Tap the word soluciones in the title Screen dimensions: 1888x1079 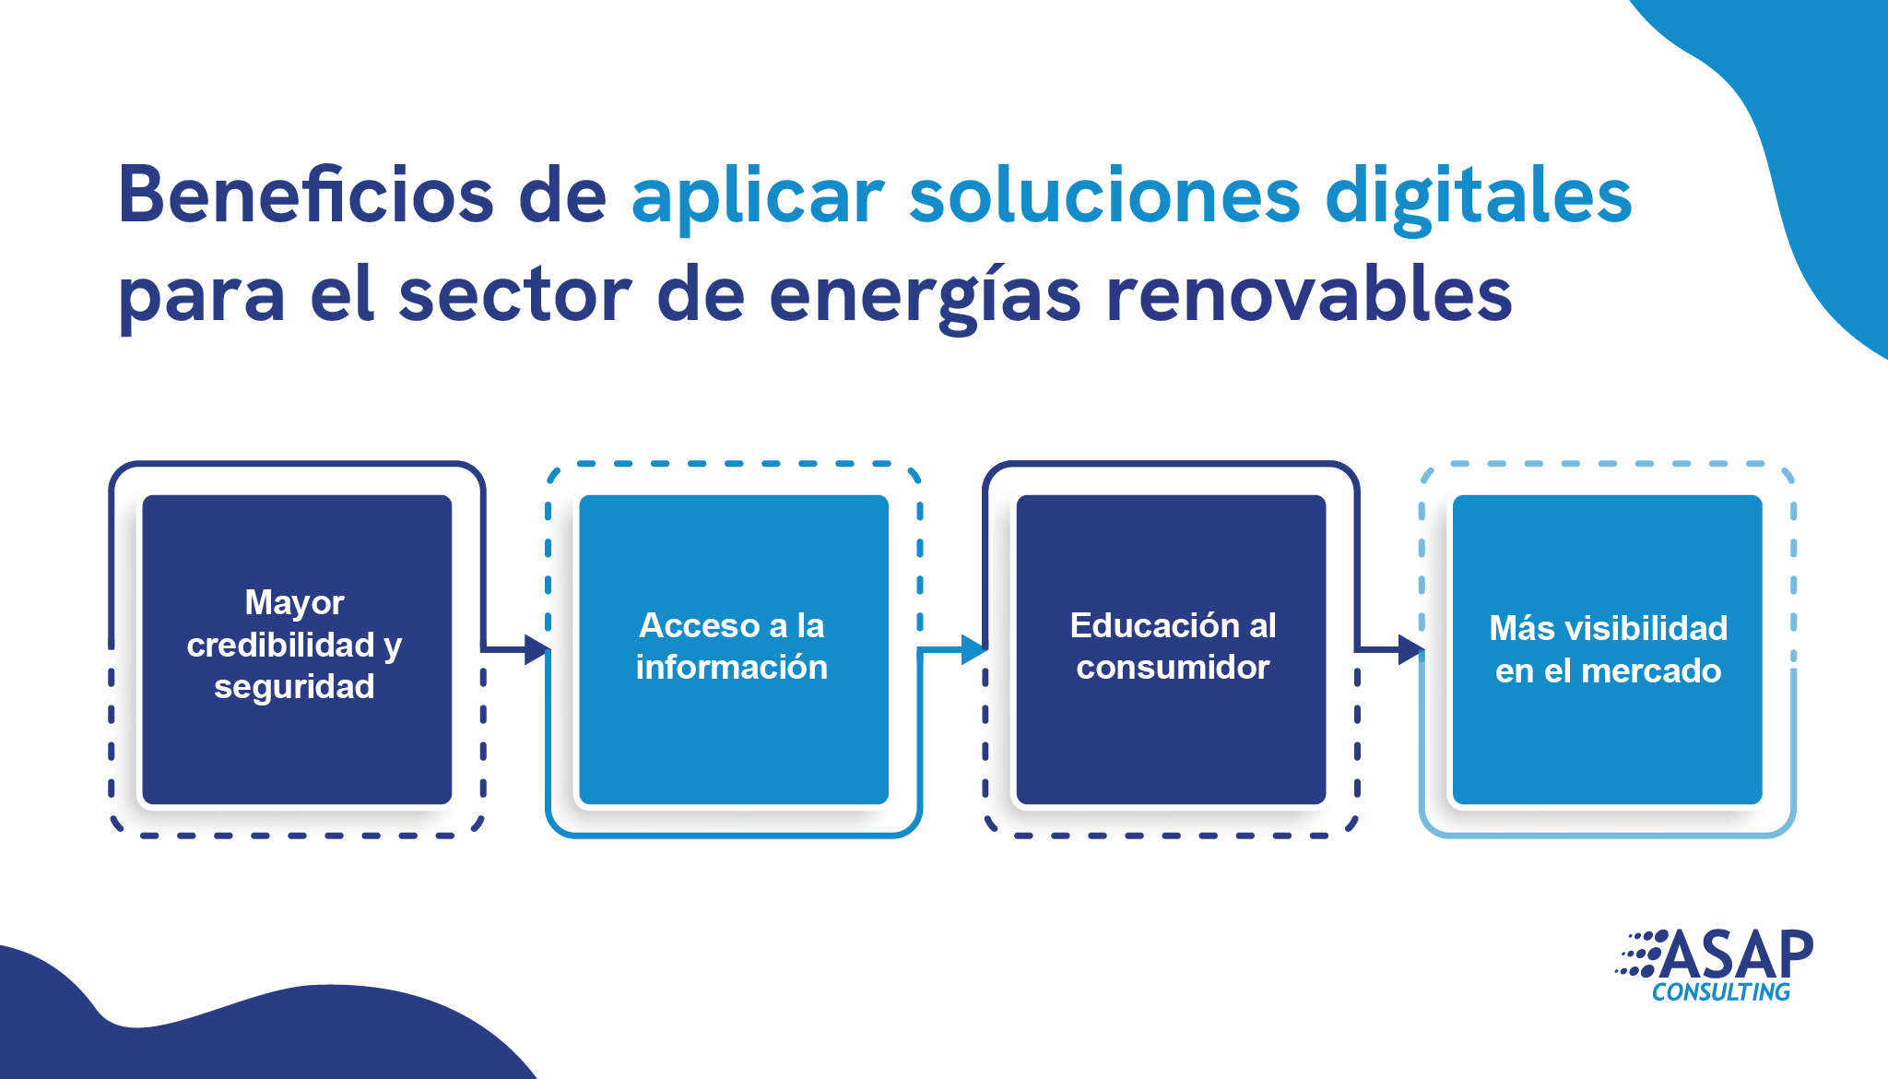tap(1104, 195)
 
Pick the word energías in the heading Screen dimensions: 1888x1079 tap(925, 298)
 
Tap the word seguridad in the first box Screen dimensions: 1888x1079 tap(294, 688)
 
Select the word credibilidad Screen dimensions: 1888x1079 tap(281, 645)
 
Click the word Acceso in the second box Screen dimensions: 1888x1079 tap(700, 625)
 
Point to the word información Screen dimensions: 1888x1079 tap(732, 667)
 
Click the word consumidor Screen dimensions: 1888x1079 tap(1173, 667)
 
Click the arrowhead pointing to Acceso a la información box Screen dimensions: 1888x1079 tap(537, 649)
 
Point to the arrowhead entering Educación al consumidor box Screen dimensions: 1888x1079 tap(973, 649)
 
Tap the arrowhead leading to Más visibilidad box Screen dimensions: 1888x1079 tap(1410, 649)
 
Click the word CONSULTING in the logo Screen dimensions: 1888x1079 tap(1721, 992)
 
